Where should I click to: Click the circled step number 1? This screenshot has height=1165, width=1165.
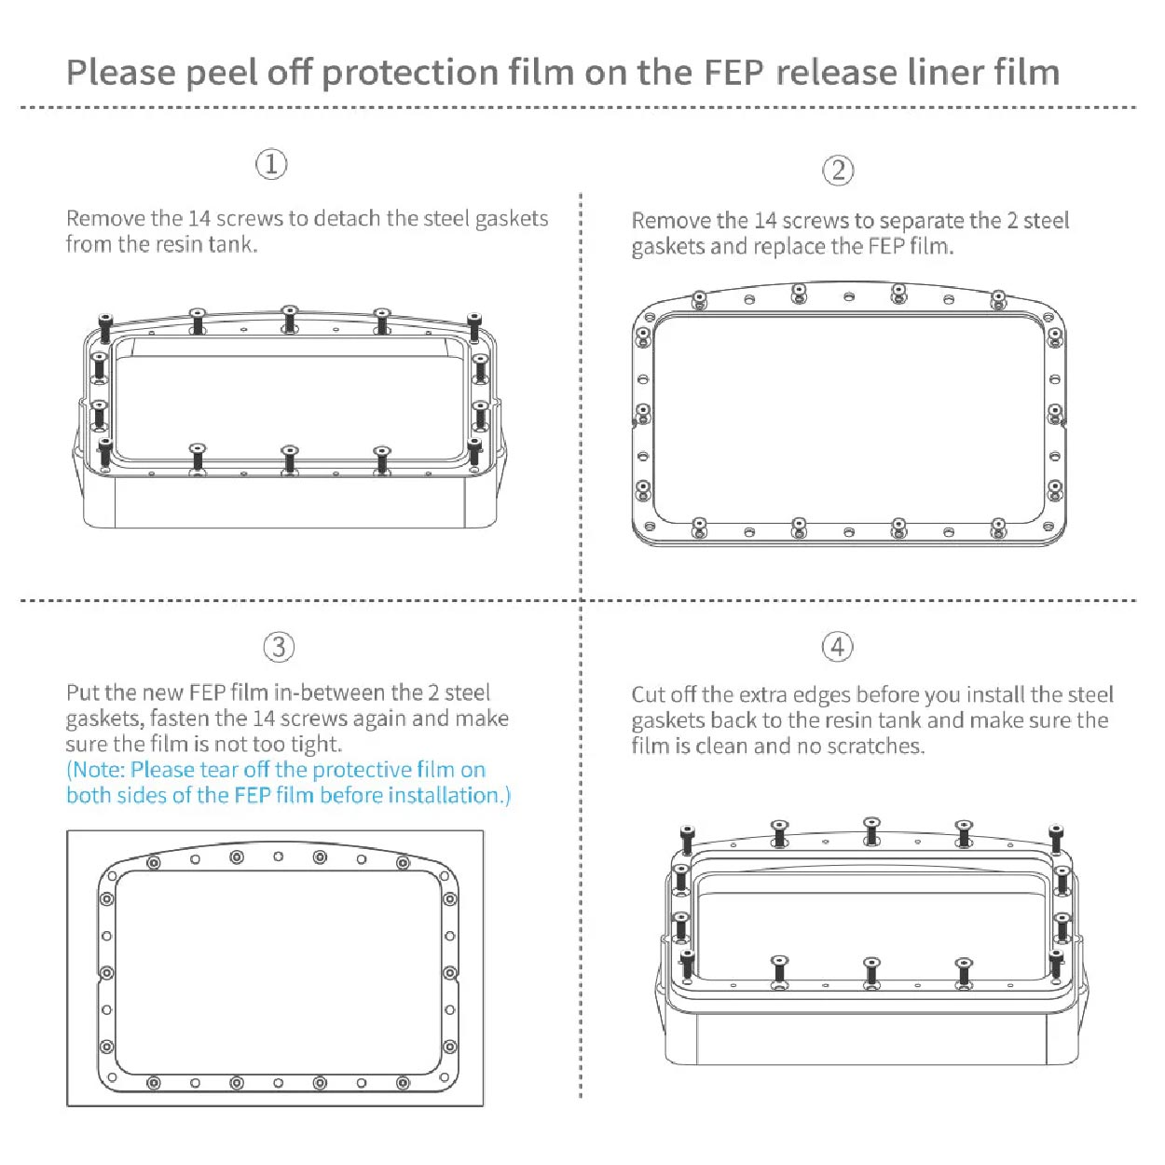coord(271,164)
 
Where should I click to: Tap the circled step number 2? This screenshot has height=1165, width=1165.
coord(838,171)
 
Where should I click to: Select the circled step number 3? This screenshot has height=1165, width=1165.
coord(279,647)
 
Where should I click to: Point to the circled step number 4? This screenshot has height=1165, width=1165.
coord(837,646)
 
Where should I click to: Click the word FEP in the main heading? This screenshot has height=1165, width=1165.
coord(733,73)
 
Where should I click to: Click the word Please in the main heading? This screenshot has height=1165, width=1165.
coord(121,73)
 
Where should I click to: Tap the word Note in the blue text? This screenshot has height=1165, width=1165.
coord(98,770)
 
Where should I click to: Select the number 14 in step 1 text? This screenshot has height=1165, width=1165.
coord(199,218)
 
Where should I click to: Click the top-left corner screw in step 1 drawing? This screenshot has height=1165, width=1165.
coord(105,328)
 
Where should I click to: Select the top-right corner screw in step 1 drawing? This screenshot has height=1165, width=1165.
coord(474,327)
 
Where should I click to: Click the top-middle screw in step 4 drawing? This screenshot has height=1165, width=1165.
coord(871,830)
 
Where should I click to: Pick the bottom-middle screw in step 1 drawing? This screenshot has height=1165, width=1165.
coord(290,460)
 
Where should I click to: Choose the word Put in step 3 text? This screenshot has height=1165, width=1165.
coord(83,692)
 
